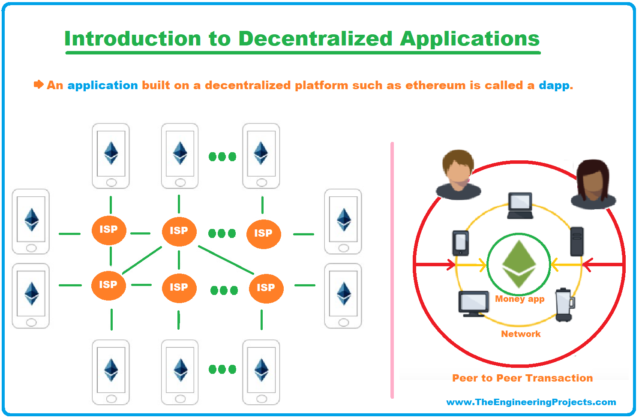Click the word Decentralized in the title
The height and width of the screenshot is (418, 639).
pos(315,39)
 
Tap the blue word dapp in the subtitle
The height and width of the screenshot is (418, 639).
pos(554,86)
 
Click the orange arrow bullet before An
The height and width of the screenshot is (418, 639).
pos(39,84)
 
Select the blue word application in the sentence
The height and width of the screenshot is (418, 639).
pos(103,86)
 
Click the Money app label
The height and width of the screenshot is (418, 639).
pos(520,299)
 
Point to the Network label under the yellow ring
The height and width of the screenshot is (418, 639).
pos(521,334)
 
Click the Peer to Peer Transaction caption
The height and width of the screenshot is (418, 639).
pos(522,378)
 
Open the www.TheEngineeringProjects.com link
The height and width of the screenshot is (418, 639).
pos(531,402)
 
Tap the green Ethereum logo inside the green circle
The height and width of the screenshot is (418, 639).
pos(519,264)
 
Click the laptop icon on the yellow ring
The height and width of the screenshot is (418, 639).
pos(520,206)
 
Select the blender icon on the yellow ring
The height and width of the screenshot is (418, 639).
pos(565,305)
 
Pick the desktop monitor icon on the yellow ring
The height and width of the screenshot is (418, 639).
pos(474,304)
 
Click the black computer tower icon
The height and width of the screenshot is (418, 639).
pos(577,241)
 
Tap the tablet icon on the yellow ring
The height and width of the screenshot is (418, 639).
pos(461,243)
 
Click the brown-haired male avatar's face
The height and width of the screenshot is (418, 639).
pos(459,174)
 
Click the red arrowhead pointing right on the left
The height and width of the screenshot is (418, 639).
pos(451,265)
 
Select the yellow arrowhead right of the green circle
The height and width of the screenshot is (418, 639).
pos(555,265)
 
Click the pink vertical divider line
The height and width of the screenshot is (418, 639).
pos(392,270)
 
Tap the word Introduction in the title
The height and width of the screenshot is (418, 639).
pos(133,39)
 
